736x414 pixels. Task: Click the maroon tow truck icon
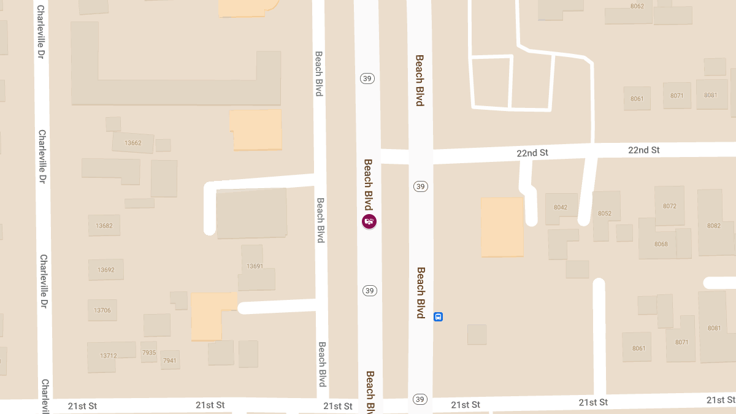pos(369,221)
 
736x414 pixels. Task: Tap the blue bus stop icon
pos(438,316)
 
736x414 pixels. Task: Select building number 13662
pos(132,143)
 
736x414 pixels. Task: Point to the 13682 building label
pos(104,225)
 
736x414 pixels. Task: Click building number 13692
pos(106,269)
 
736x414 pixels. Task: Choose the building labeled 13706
pos(102,310)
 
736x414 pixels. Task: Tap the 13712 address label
pos(108,355)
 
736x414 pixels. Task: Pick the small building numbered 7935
pos(149,352)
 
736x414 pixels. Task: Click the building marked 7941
pos(169,361)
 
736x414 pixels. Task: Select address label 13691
pos(255,266)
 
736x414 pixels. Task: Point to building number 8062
pos(637,6)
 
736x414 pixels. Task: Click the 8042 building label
pos(561,207)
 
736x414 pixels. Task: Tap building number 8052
pos(605,213)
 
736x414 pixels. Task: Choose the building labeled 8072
pos(669,206)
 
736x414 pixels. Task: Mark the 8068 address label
pos(661,244)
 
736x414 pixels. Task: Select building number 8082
pos(713,226)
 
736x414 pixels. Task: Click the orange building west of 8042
pos(502,226)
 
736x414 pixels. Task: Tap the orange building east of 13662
pos(256,129)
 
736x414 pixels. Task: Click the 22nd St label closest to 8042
pos(532,152)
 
